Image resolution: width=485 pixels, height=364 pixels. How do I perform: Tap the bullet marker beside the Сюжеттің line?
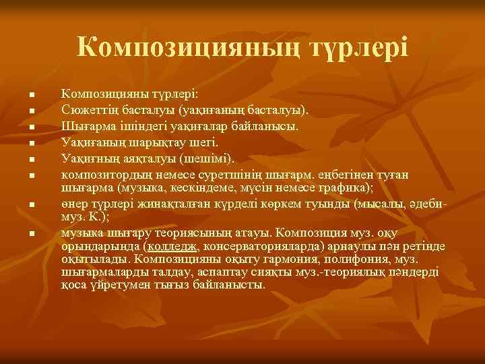pyautogui.click(x=32, y=109)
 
